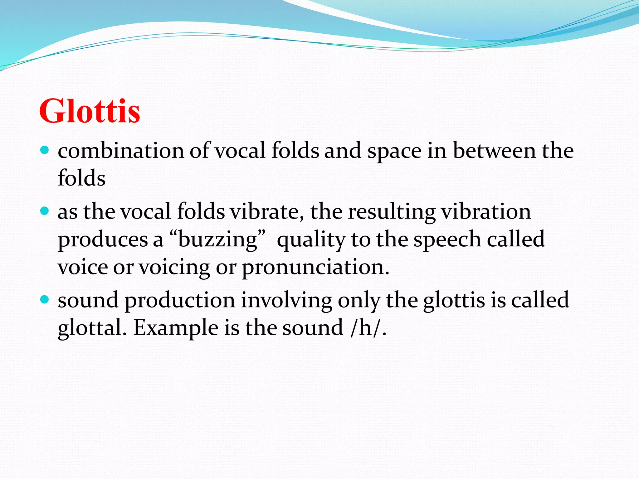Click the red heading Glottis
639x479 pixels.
[x=90, y=111]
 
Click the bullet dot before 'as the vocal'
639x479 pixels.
[x=45, y=211]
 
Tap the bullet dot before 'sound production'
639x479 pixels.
[x=45, y=300]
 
